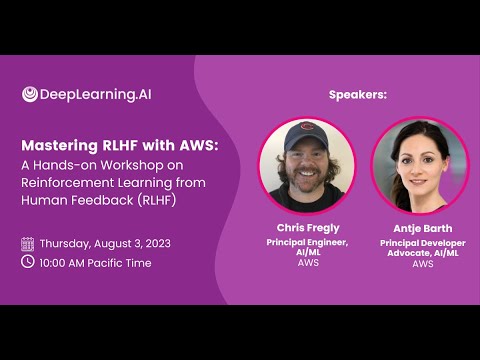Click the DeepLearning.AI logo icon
(30, 94)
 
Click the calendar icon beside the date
(27, 243)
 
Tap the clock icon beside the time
(27, 261)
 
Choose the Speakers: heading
(357, 94)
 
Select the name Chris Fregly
(308, 227)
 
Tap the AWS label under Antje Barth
(422, 264)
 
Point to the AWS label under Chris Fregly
(308, 263)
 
